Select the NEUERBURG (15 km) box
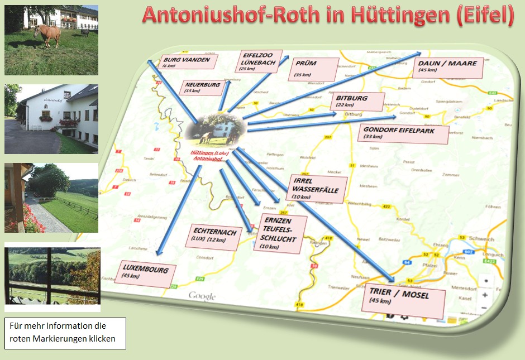[x=202, y=88]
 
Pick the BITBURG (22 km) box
[x=358, y=101]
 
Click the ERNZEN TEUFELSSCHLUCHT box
[x=280, y=232]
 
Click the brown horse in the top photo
[x=47, y=35]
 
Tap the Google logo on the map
[x=202, y=296]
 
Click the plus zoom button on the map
[x=485, y=295]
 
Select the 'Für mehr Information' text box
[x=65, y=333]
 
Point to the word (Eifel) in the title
[x=485, y=15]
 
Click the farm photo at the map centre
[x=215, y=129]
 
